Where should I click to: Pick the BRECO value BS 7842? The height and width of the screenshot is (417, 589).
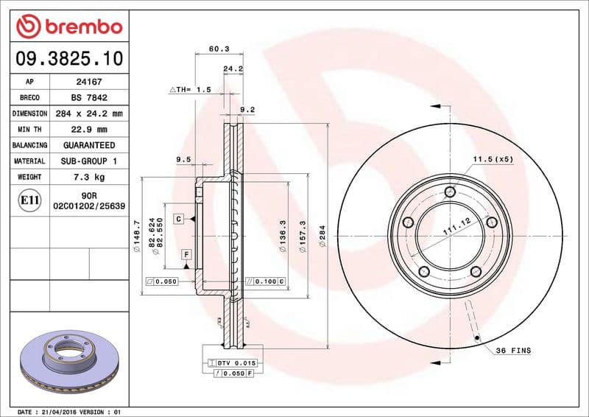(88, 98)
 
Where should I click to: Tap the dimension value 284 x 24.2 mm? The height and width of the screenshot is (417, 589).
(88, 113)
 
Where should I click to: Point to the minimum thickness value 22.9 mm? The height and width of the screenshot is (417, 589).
(88, 130)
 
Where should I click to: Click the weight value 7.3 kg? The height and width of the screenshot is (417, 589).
(88, 177)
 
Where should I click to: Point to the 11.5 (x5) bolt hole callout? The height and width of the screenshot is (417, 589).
(493, 159)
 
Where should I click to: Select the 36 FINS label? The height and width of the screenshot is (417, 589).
(512, 351)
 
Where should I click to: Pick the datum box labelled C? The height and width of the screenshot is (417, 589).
(179, 219)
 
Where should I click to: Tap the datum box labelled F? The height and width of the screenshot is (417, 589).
(187, 254)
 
